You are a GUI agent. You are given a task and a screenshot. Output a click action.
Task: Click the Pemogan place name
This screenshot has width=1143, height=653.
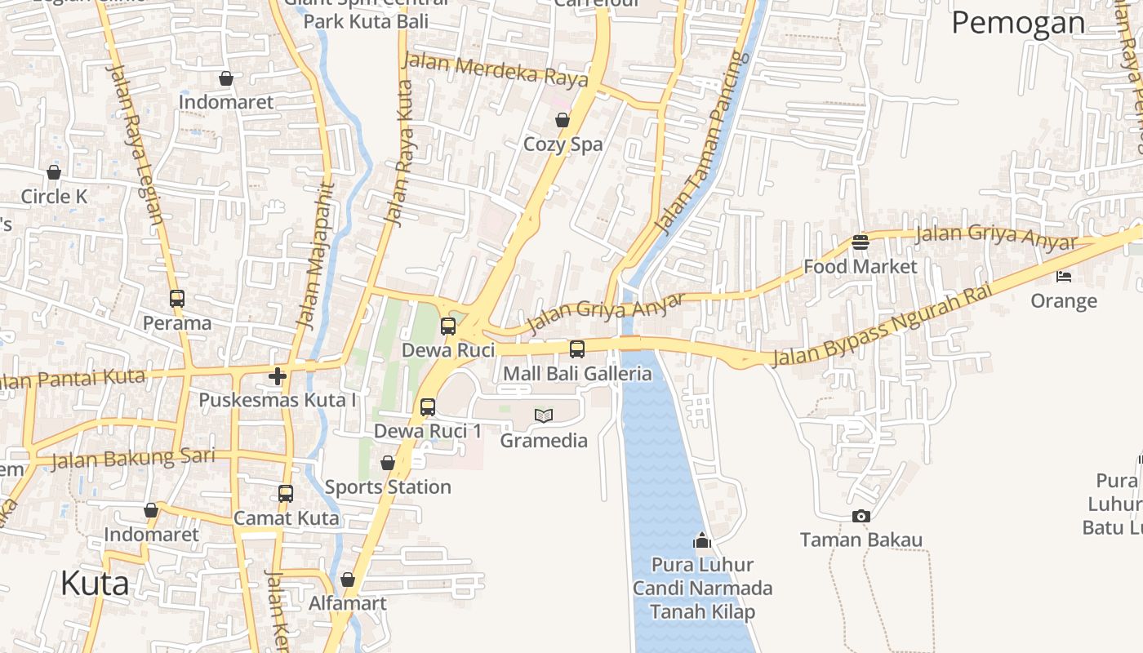point(1018,23)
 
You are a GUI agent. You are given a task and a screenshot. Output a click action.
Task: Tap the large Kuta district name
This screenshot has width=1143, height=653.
point(95,584)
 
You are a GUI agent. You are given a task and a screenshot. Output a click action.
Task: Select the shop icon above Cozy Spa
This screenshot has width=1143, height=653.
point(563,121)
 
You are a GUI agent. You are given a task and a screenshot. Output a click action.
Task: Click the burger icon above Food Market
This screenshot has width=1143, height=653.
point(860,242)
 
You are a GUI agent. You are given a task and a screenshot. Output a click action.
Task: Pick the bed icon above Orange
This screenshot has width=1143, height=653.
point(1063,277)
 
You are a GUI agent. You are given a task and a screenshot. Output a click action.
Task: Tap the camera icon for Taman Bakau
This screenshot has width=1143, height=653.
point(861,516)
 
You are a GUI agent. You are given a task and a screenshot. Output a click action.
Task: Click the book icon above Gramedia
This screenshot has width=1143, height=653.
point(544,415)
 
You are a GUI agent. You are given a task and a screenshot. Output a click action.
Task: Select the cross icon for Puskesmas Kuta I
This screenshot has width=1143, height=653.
point(278,375)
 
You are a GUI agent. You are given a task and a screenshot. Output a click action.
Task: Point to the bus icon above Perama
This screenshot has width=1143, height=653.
point(177,299)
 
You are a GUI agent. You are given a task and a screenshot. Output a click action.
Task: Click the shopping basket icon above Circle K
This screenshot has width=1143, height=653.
point(54,172)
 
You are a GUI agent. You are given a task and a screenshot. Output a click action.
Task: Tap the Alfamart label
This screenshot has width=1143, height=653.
point(347,604)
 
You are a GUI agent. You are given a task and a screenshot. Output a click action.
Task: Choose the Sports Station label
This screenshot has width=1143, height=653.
point(388,487)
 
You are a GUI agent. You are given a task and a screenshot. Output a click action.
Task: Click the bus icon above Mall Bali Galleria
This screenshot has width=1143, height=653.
point(577,349)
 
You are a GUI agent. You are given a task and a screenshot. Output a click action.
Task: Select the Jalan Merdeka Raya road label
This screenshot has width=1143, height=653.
point(496,70)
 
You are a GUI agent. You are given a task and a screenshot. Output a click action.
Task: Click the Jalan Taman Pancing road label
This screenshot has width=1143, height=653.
point(703,143)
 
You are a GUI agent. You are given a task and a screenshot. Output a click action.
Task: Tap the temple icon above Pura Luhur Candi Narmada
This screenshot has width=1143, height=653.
point(702,540)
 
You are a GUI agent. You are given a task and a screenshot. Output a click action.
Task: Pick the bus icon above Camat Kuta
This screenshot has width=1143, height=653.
point(286,494)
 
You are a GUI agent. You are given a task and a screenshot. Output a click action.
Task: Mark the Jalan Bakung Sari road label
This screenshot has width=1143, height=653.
point(133,459)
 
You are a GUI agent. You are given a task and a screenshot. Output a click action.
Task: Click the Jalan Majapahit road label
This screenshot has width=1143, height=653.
point(314,255)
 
